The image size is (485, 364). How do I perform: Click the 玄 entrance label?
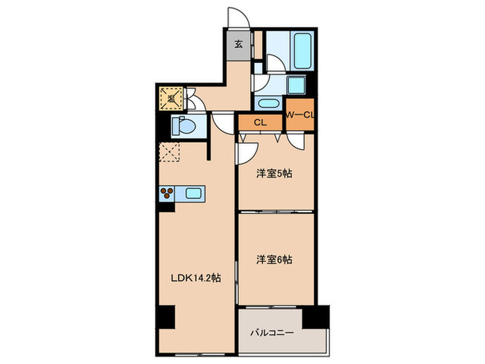(x=237, y=44)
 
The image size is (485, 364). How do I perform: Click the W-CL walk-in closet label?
(x=300, y=115)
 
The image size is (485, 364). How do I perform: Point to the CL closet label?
(x=261, y=123)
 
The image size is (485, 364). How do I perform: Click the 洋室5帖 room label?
(x=274, y=173)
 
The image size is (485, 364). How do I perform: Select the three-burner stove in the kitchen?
(x=168, y=194)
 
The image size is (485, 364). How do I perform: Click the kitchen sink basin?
(x=191, y=194)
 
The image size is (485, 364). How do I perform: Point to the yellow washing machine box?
(x=170, y=98)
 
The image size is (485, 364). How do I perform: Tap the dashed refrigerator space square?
(x=170, y=151)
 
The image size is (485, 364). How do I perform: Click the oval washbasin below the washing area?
(x=267, y=103)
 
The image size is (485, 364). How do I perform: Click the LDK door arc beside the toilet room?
(x=223, y=124)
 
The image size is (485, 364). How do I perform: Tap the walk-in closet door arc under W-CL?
(x=297, y=139)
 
